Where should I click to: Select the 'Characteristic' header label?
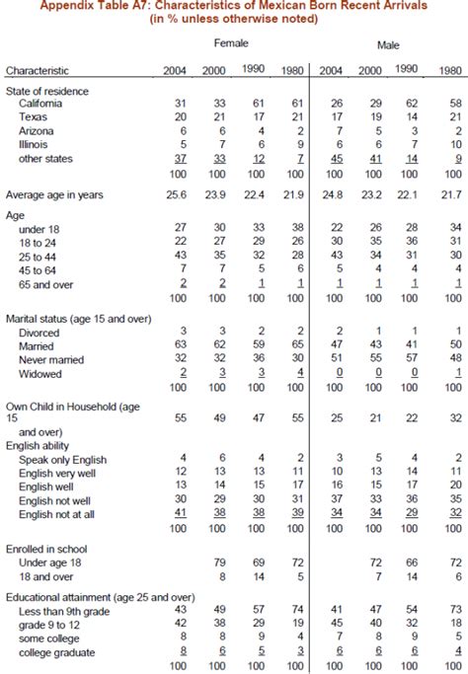coord(39,70)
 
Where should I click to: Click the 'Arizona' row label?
coord(37,130)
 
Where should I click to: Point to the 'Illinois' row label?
coord(35,144)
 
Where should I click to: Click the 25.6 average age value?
coord(176,194)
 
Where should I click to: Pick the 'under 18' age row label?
coord(39,227)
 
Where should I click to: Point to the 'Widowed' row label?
coord(40,374)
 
